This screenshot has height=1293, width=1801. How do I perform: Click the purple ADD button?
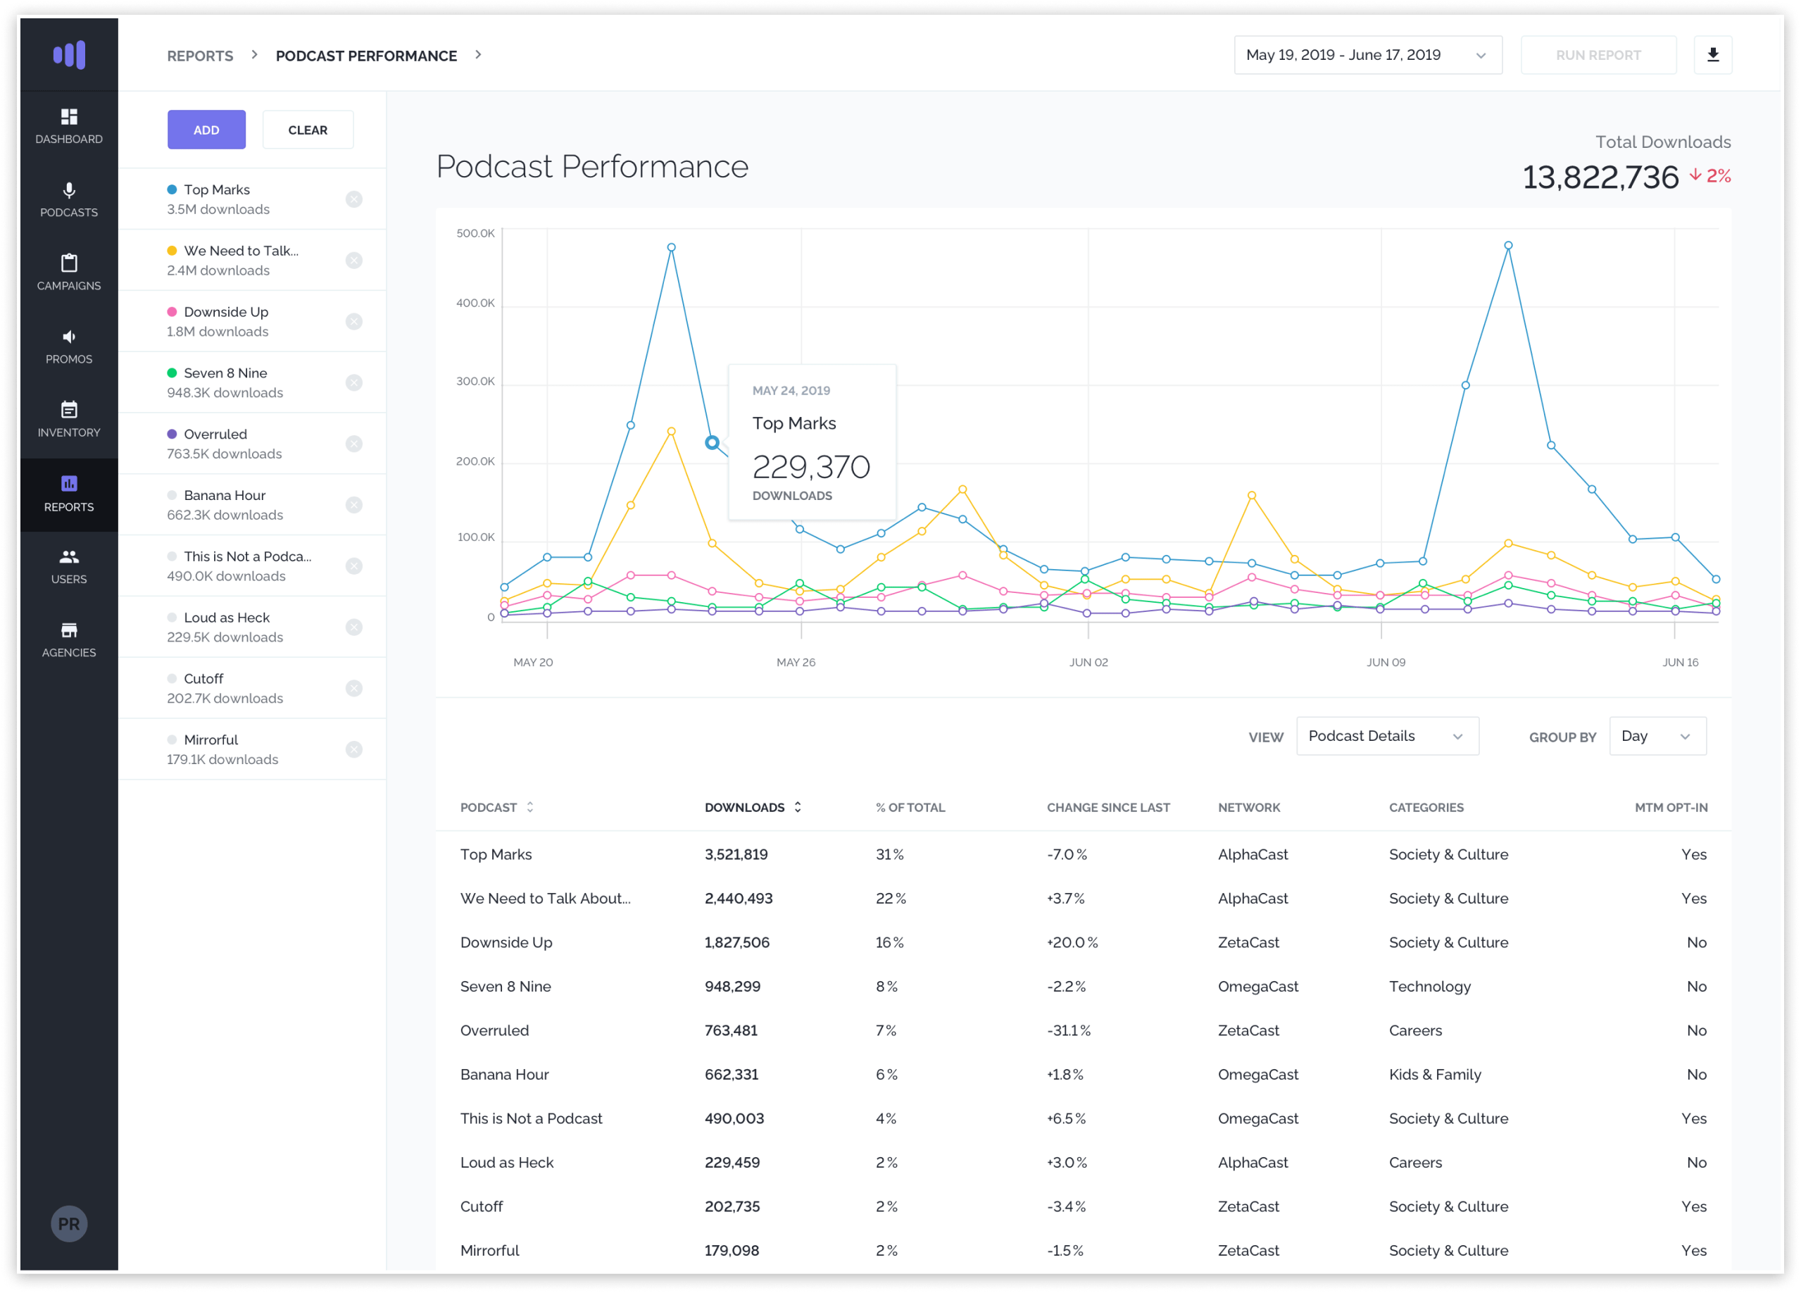[206, 130]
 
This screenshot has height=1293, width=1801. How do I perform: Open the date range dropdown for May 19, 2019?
[1367, 55]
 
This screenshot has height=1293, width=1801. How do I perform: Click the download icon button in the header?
[1713, 55]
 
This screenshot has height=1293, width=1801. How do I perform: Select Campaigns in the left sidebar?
[69, 272]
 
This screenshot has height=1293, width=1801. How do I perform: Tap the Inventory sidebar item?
[69, 418]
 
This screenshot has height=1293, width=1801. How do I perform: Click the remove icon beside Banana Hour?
[354, 505]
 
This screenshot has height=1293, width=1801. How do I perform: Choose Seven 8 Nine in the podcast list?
[225, 373]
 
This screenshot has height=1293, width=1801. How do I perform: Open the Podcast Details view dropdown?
[1387, 736]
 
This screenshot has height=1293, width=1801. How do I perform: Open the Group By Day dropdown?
[1657, 736]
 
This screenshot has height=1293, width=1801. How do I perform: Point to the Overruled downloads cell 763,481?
[732, 1031]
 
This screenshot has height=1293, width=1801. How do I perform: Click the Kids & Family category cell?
[1435, 1075]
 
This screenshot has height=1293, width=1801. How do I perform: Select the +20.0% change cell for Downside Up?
[1072, 943]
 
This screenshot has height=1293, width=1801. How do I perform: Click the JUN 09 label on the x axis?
[1386, 663]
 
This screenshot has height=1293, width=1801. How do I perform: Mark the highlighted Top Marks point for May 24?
[713, 442]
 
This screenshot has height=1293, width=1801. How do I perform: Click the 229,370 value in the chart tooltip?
[811, 467]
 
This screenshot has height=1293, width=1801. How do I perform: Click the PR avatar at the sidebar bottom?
[69, 1224]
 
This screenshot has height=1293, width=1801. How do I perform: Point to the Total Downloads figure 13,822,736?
[1600, 177]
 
